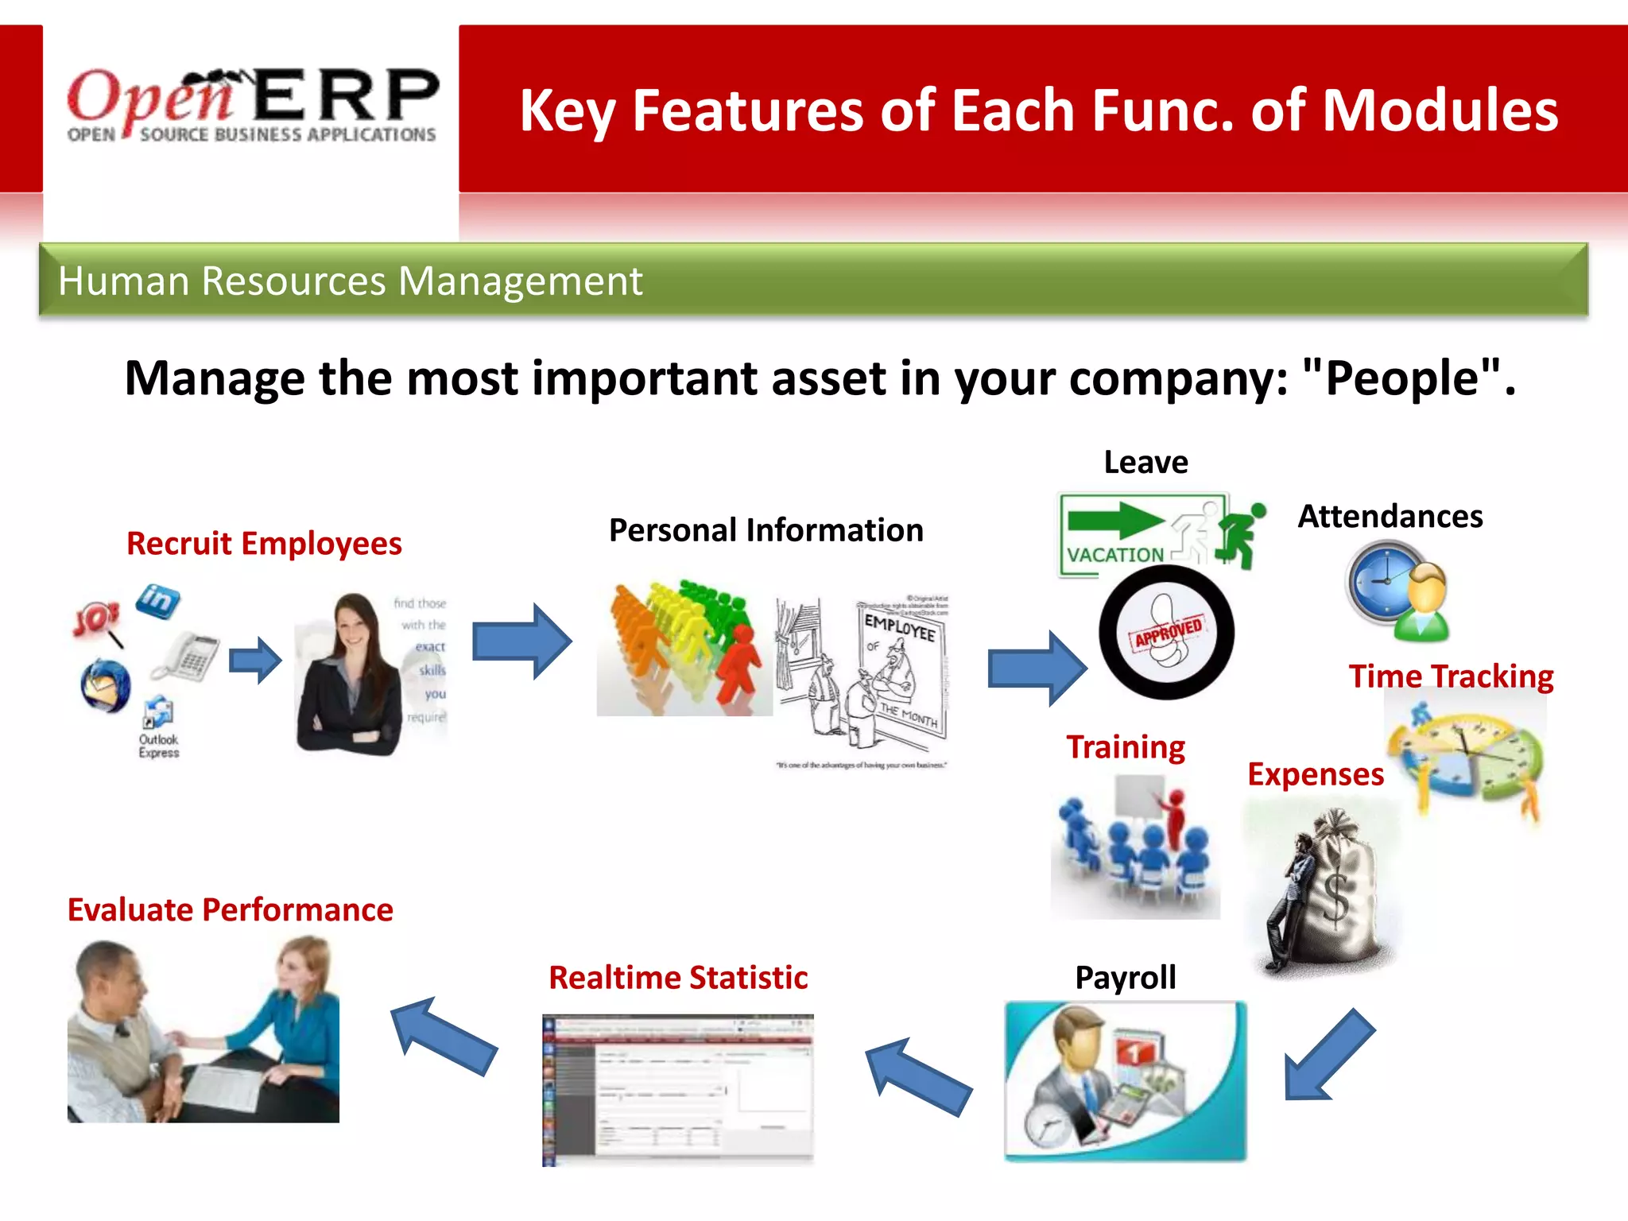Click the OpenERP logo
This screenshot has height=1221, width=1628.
click(x=252, y=106)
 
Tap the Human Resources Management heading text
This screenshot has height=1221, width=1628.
click(x=350, y=281)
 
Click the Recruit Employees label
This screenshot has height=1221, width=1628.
click(x=264, y=544)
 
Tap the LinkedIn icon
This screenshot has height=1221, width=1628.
click(x=157, y=600)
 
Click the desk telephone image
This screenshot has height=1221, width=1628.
click(x=187, y=656)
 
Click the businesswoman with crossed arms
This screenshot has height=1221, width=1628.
click(x=350, y=676)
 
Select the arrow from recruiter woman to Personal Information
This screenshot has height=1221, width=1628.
click(x=521, y=641)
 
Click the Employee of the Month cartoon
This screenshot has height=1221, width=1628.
click(x=862, y=680)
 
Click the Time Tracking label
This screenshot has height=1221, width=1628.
click(x=1451, y=676)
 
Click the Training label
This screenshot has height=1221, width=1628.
click(x=1125, y=747)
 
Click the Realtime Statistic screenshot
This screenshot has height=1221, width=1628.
click(x=677, y=1089)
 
